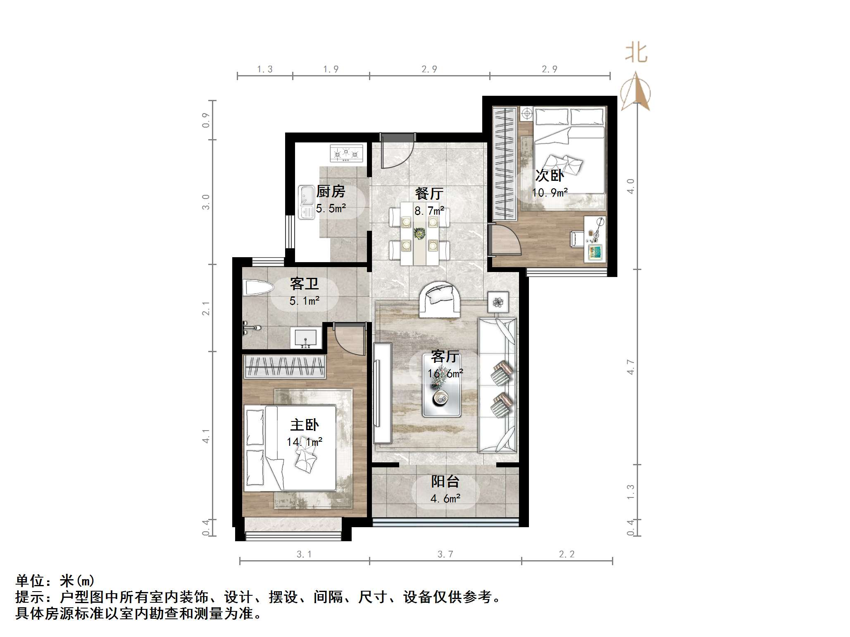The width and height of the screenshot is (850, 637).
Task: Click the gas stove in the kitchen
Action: tap(346, 153)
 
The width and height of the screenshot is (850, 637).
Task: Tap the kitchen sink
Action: tap(306, 202)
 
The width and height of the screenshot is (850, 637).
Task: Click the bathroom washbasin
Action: tap(306, 338)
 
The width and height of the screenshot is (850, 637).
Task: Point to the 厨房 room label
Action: tap(331, 191)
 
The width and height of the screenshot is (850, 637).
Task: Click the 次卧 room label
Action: tap(549, 175)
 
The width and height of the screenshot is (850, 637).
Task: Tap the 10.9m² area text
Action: tap(550, 192)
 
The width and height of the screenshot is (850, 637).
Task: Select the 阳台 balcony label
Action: tap(445, 481)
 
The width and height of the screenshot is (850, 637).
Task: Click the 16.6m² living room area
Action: tap(445, 374)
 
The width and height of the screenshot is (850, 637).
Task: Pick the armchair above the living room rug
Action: tap(440, 299)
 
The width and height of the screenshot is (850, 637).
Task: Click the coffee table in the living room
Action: tap(441, 385)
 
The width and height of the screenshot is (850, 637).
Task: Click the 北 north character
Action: tap(636, 53)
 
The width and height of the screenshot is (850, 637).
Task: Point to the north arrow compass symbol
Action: tap(636, 92)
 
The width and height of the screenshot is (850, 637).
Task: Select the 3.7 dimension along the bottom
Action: tap(445, 554)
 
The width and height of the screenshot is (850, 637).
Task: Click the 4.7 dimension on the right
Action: tap(631, 367)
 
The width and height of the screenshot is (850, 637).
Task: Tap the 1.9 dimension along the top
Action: tap(331, 69)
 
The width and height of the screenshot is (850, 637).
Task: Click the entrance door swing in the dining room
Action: tap(397, 151)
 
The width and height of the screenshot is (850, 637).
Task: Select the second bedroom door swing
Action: tap(505, 240)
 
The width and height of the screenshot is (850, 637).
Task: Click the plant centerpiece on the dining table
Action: tap(419, 233)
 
